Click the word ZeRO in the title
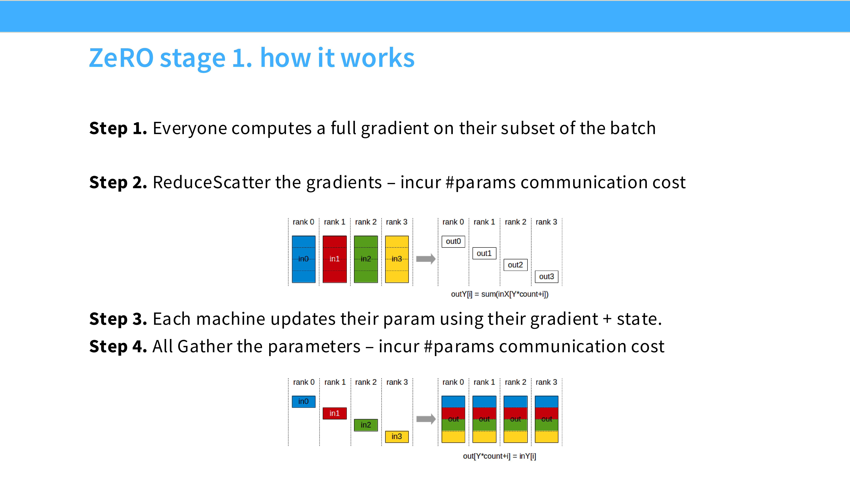121,58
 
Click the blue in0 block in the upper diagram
303,259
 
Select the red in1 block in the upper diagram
334,259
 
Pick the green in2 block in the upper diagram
366,259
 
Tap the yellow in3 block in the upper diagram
397,259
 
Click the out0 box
453,242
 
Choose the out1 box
484,253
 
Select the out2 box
515,265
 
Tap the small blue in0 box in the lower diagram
303,401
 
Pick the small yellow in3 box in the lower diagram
397,436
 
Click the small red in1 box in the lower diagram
334,413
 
